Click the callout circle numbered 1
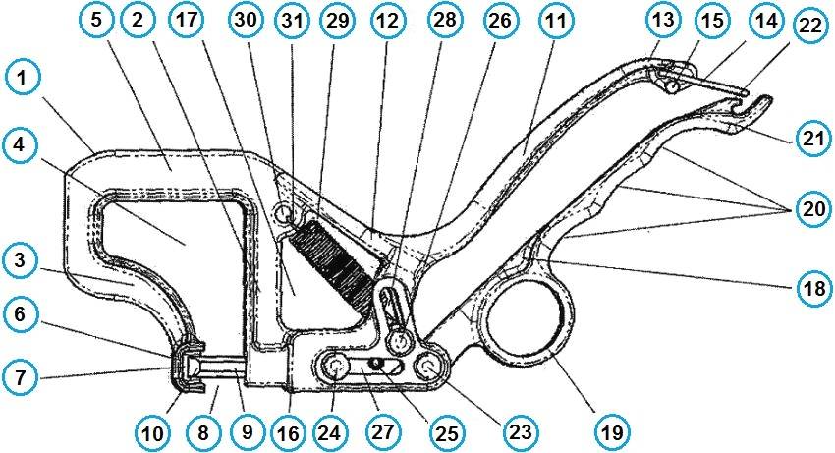(x=21, y=79)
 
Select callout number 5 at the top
(x=96, y=21)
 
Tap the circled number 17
(x=186, y=21)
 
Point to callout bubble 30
(x=246, y=20)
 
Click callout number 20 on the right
(x=812, y=209)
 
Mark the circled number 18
(x=814, y=289)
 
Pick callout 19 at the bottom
(x=612, y=430)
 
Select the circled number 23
(x=520, y=430)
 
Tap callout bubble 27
(x=382, y=430)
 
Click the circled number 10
(x=152, y=431)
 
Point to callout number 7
(x=20, y=377)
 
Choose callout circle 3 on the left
(x=20, y=261)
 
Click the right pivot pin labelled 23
(x=429, y=367)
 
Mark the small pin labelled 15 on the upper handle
(x=674, y=85)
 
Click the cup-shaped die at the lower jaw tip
(x=187, y=367)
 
